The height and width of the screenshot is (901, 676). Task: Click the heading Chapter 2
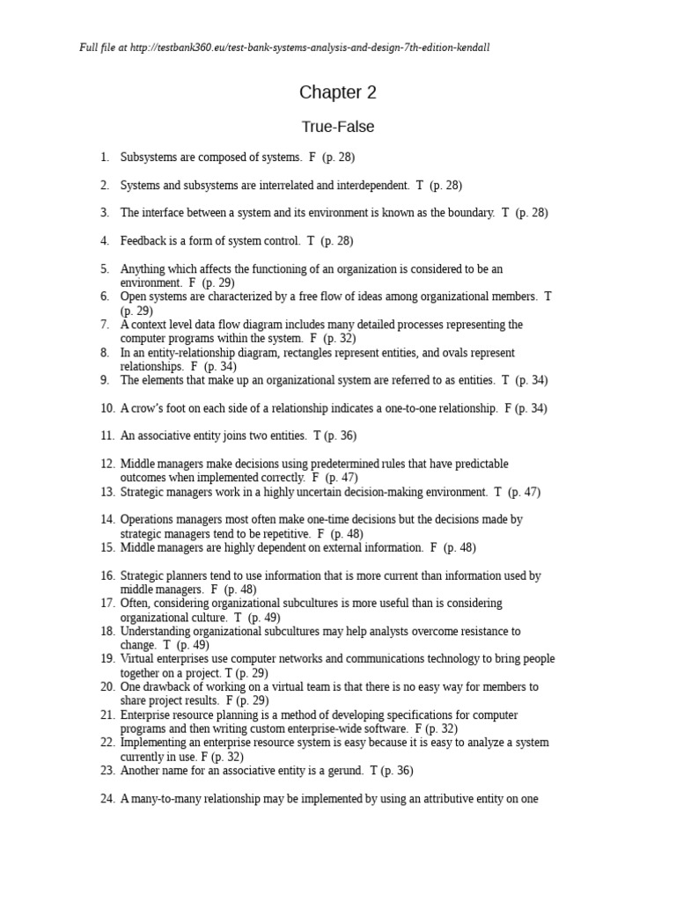click(x=331, y=92)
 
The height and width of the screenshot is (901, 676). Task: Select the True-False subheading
click(x=337, y=127)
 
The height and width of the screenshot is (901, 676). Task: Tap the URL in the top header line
click(x=310, y=48)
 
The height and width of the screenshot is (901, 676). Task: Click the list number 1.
click(x=105, y=157)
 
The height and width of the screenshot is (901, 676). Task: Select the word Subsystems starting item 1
click(x=149, y=157)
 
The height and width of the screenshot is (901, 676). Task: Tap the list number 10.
click(x=107, y=408)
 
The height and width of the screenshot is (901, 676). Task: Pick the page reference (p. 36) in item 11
click(x=341, y=436)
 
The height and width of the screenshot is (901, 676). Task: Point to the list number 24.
click(x=107, y=800)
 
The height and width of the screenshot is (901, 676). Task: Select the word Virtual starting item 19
click(x=137, y=659)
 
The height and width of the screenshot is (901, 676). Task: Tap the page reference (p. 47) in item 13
click(x=525, y=493)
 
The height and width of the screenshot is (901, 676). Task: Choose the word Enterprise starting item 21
click(x=145, y=715)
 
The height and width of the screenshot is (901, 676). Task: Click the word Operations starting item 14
click(x=148, y=520)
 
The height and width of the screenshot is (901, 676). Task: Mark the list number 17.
click(x=107, y=604)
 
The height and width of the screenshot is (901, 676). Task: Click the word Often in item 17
click(x=135, y=604)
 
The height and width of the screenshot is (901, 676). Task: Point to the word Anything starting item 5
click(x=143, y=269)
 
